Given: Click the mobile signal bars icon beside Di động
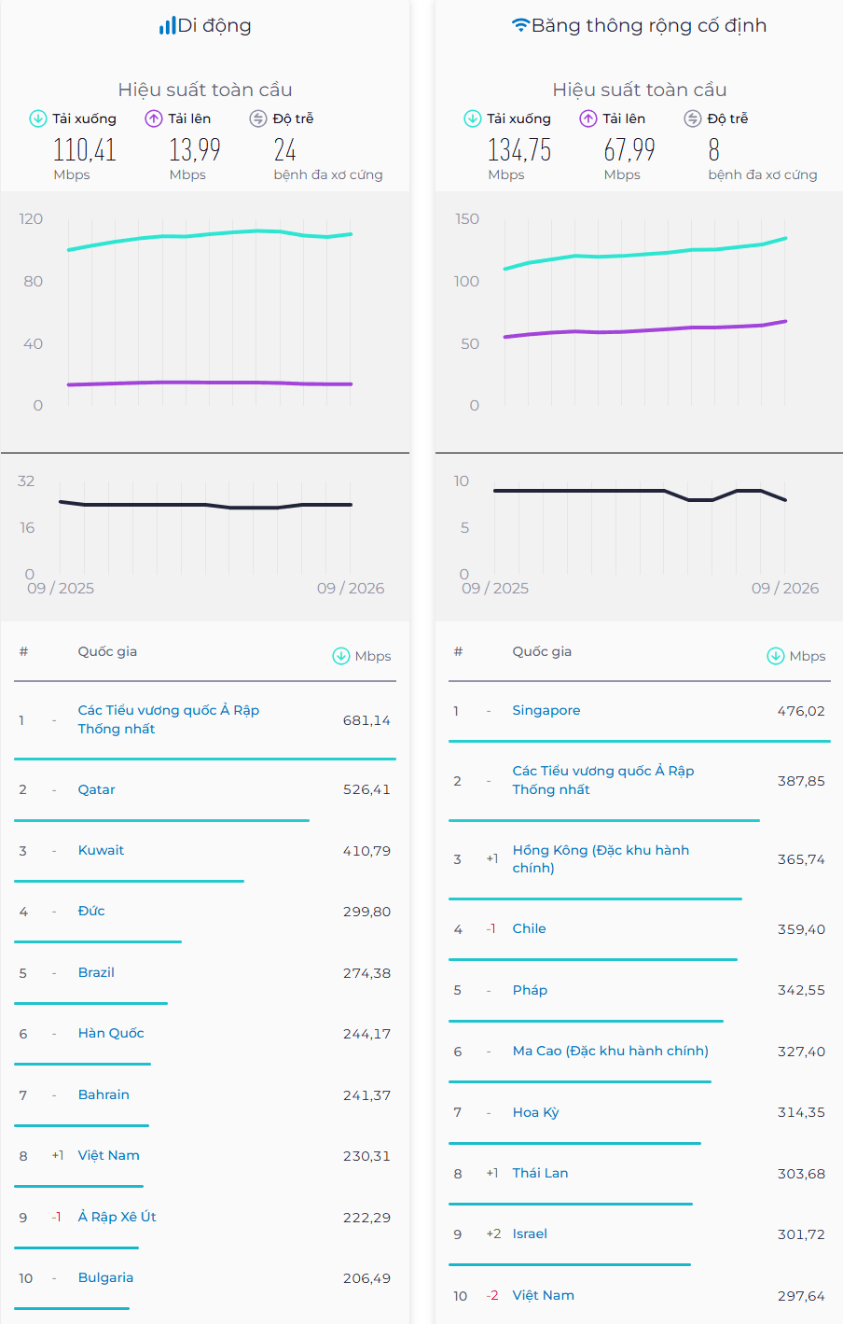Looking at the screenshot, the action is (167, 25).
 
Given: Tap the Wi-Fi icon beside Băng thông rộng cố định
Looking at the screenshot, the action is (520, 25).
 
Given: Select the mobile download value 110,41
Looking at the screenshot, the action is (85, 149).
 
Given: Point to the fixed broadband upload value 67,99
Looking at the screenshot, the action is (629, 149).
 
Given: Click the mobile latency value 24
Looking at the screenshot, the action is (284, 149).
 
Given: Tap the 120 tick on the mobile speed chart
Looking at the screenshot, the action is (31, 218).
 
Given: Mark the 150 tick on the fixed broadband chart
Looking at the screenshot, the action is (466, 218).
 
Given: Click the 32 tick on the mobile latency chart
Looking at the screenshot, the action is (26, 481).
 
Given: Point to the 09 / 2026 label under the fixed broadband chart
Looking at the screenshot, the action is (785, 588).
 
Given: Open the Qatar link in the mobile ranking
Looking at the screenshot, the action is (96, 789).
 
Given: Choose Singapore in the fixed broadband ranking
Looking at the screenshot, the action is (546, 710).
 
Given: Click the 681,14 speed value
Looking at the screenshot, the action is (366, 720).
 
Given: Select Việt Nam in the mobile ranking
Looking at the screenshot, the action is (109, 1155).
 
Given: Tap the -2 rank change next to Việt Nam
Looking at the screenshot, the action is (492, 1296).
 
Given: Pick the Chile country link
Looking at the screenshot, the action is (530, 928).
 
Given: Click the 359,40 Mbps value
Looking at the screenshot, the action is (801, 929).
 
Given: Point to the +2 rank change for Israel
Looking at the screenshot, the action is (493, 1233).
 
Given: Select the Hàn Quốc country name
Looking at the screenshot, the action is (111, 1033).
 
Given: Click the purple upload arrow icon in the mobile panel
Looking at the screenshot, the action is (154, 118).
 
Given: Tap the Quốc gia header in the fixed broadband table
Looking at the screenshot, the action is (542, 652).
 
